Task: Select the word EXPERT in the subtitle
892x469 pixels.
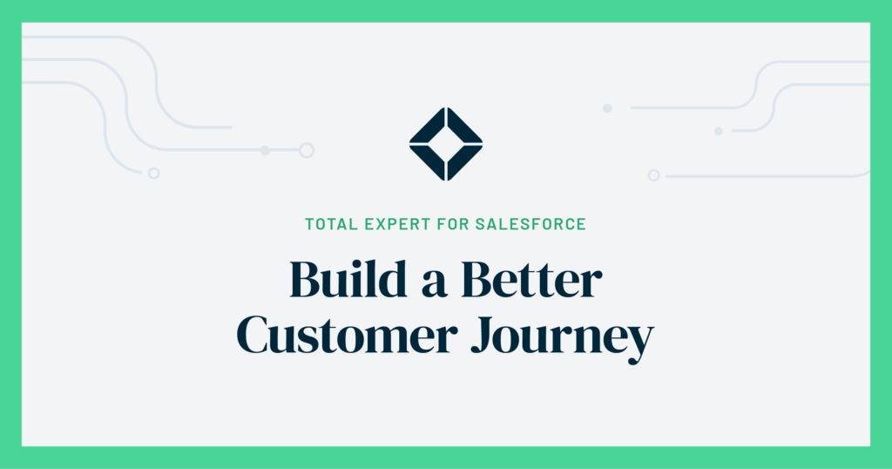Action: coord(397,224)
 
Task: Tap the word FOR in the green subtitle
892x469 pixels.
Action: coord(453,224)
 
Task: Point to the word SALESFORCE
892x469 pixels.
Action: coord(530,224)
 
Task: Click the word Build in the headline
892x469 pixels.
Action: coord(348,279)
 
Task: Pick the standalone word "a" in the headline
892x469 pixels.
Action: coord(434,285)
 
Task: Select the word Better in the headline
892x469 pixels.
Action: coord(531,280)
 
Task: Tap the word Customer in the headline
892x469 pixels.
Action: coord(347,335)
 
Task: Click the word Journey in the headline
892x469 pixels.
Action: coord(563,338)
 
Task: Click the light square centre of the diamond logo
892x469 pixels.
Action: coord(446,144)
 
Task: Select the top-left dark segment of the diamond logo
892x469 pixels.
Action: coord(427,126)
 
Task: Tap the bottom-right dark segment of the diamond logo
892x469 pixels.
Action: coord(465,163)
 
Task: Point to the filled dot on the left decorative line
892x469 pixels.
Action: coord(265,150)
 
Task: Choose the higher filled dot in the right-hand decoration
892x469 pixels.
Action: coord(607,108)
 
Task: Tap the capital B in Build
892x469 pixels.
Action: coord(307,280)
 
